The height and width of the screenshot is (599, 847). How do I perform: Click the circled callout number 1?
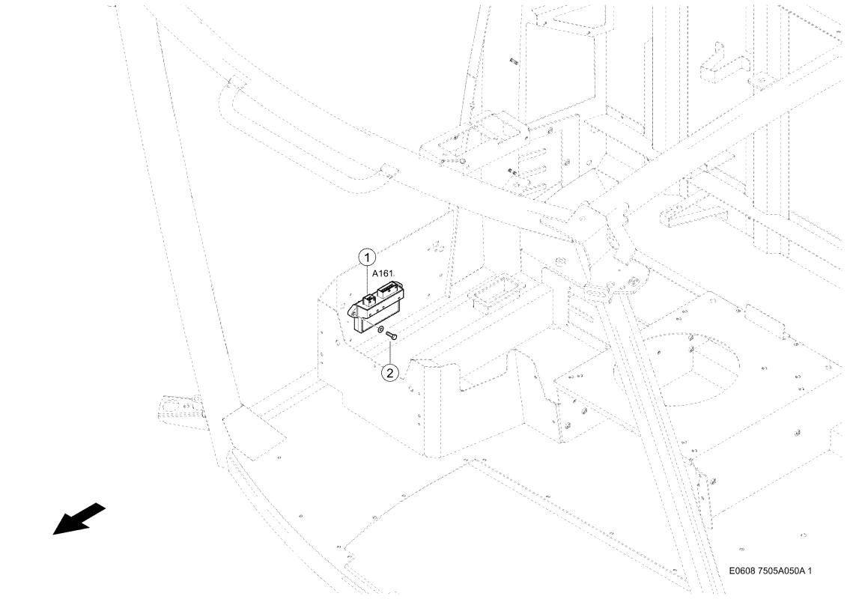click(367, 257)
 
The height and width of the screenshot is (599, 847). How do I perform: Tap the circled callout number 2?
click(390, 372)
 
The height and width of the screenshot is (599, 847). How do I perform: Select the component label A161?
click(383, 273)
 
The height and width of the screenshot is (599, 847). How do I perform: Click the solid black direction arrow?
click(79, 519)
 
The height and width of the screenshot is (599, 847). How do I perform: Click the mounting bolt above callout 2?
click(392, 336)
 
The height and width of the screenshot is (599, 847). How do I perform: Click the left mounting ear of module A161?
click(353, 311)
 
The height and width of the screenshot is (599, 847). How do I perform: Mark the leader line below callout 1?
click(367, 280)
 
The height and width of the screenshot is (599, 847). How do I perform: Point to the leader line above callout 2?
click(390, 352)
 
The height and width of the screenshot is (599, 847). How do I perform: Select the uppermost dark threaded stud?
click(514, 62)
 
